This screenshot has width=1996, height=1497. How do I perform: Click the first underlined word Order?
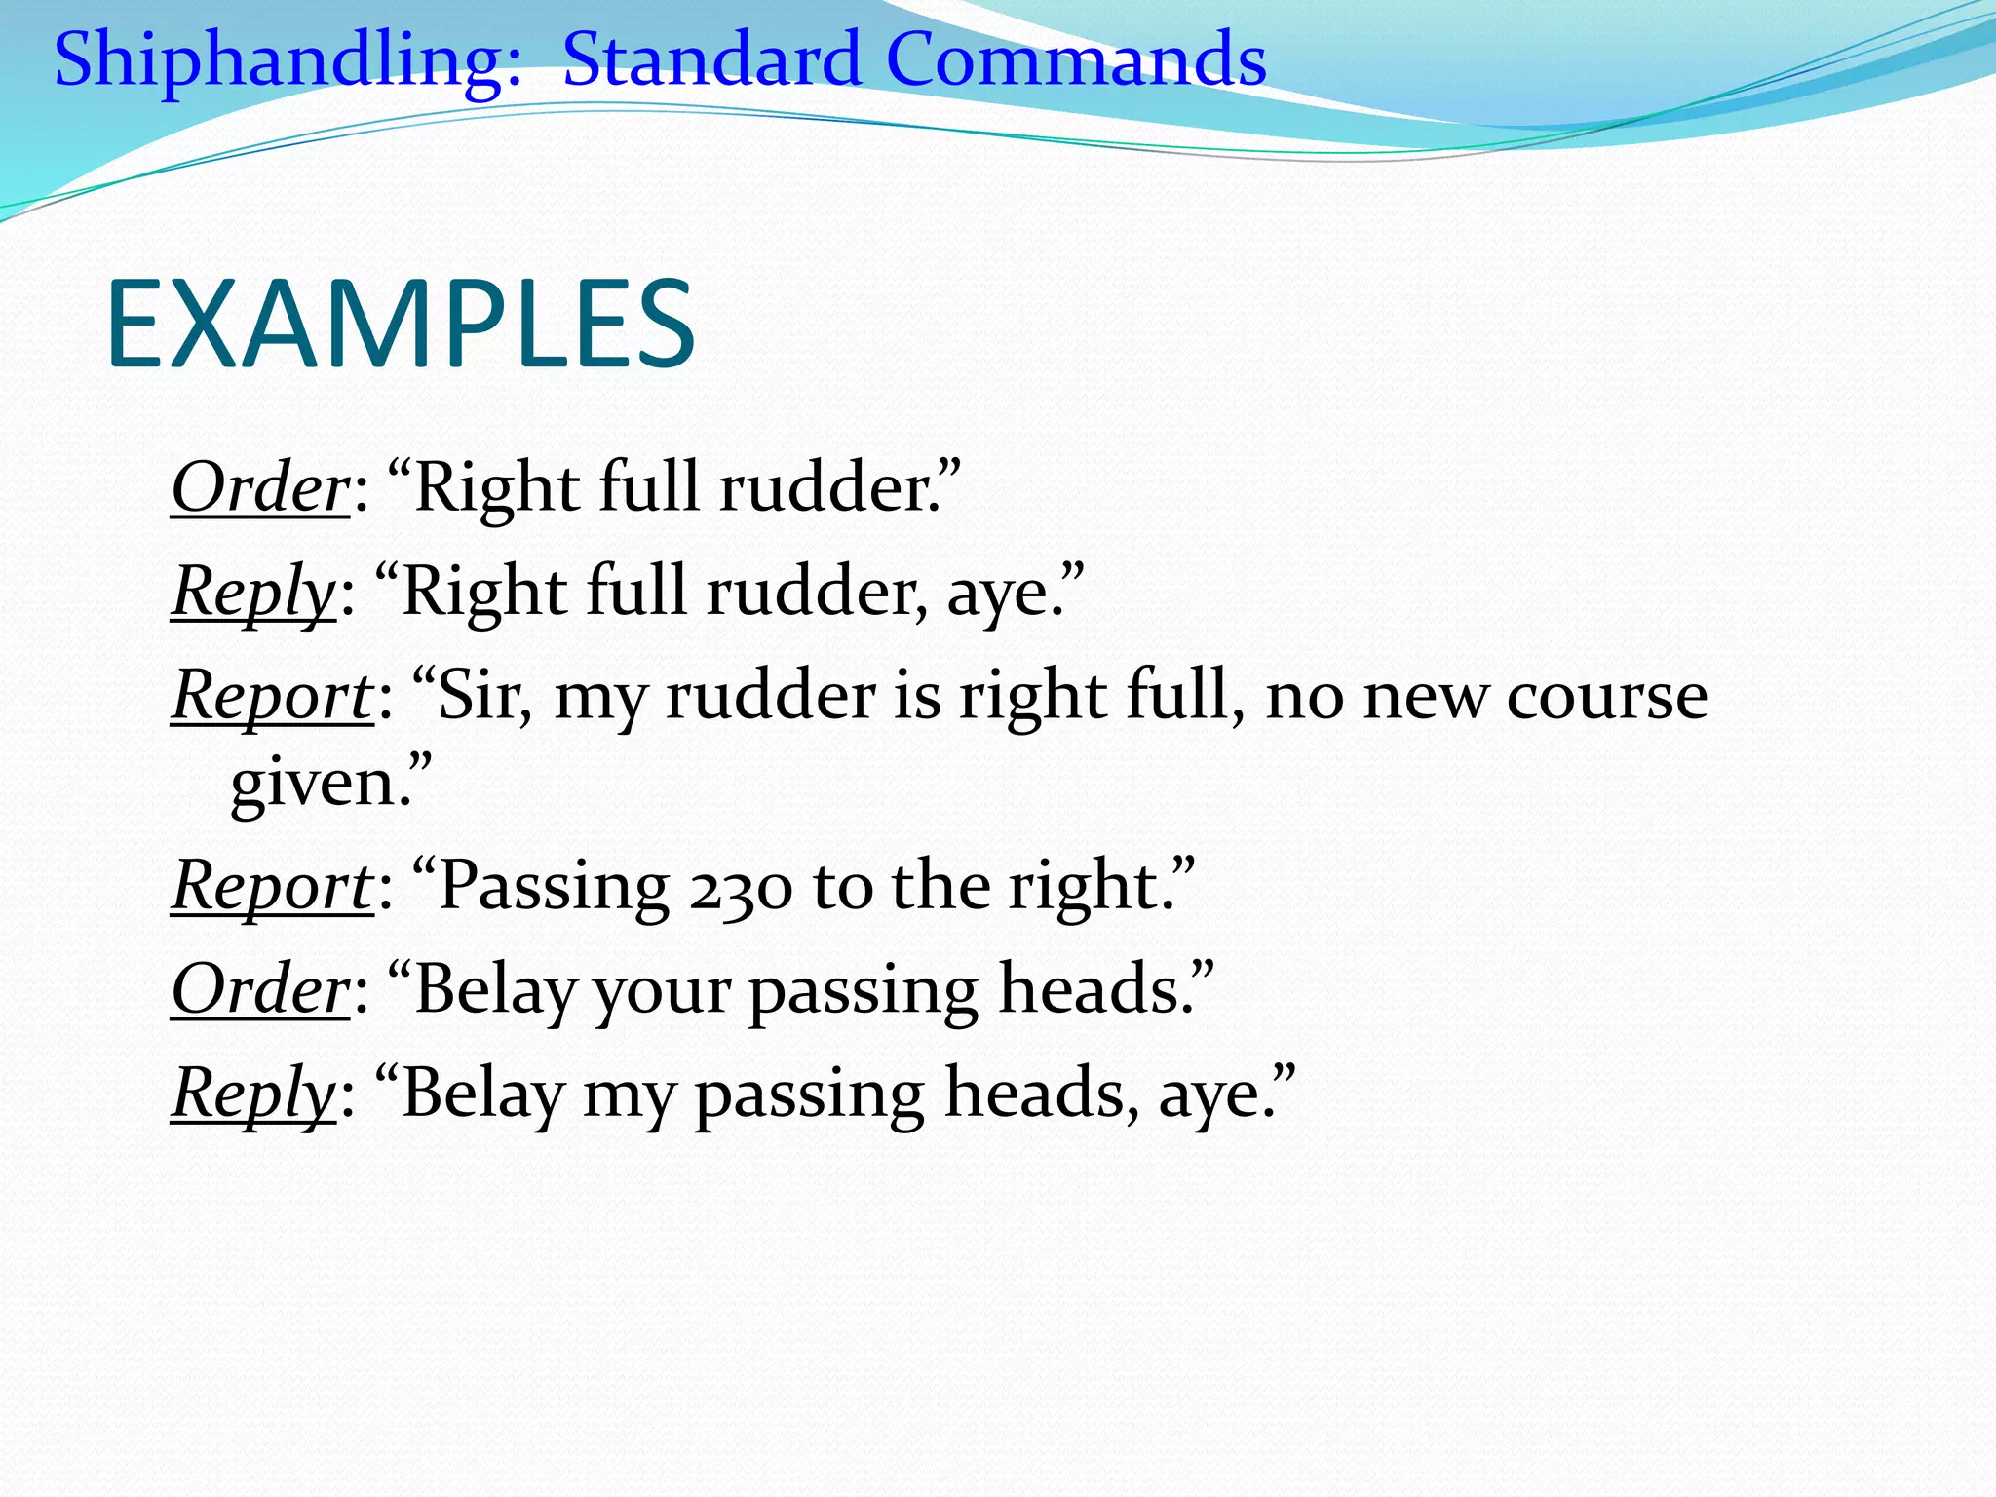[260, 486]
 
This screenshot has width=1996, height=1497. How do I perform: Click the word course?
[1606, 698]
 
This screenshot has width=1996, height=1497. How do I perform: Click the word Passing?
[554, 887]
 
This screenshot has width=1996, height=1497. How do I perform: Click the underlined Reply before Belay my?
[253, 1094]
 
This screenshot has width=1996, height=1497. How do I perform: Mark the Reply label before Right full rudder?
[253, 592]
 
